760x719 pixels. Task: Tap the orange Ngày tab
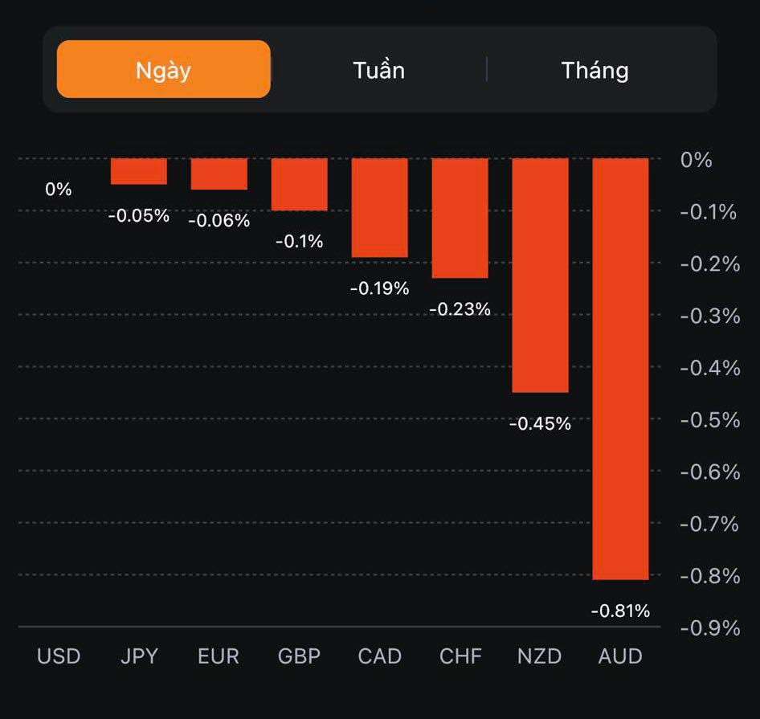pos(163,70)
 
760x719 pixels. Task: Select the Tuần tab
pos(378,70)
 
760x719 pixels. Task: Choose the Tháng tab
pos(595,70)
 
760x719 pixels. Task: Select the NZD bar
pos(540,275)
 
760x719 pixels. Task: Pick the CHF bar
pos(460,218)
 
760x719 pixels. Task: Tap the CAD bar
pos(379,207)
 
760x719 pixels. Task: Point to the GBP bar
pos(299,184)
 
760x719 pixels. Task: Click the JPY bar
pos(139,171)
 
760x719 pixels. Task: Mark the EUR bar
pos(219,174)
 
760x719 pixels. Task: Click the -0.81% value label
pos(620,611)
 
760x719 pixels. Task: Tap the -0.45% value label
pos(540,424)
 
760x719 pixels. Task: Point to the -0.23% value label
pos(460,309)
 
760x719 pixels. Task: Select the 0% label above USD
pos(59,190)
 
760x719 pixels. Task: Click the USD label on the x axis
pos(59,656)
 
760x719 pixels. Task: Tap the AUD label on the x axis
pos(620,656)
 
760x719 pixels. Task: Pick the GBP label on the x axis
pos(299,656)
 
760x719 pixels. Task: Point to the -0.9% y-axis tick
pos(709,627)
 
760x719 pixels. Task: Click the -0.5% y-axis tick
pos(709,420)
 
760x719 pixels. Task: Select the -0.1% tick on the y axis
pos(709,212)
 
